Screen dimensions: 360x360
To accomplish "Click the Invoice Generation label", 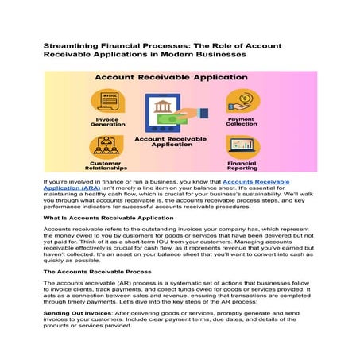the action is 106,124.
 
